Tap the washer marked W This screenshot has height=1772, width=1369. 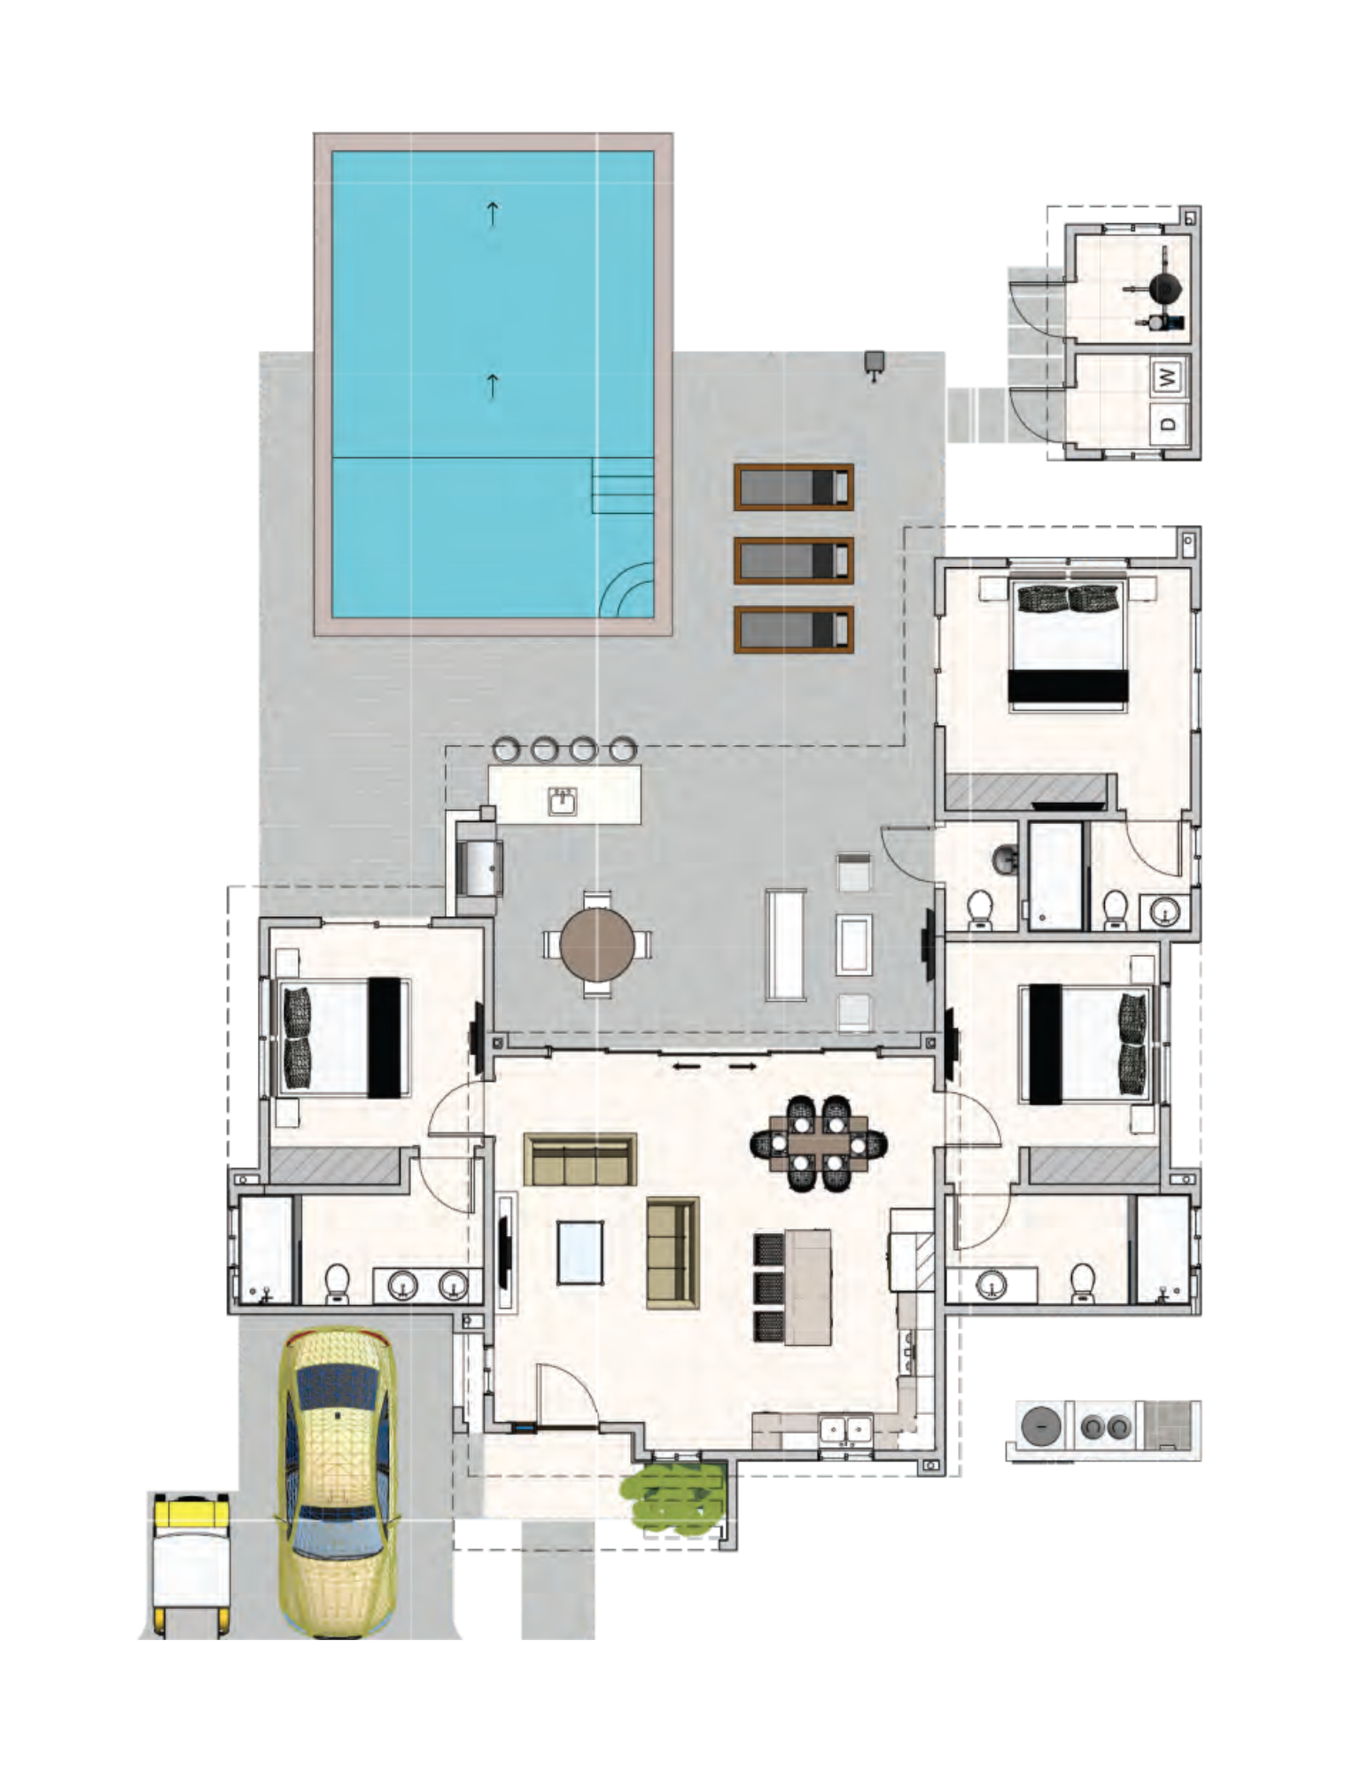coord(1169,377)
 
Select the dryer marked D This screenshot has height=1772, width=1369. coord(1169,424)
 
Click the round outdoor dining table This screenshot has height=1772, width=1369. coord(597,944)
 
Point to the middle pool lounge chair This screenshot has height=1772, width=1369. coord(794,560)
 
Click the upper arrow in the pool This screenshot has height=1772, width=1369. coord(492,213)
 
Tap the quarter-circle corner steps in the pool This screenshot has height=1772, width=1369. coord(626,590)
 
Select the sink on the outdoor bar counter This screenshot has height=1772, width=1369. coord(562,801)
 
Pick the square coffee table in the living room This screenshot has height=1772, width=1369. coord(579,1252)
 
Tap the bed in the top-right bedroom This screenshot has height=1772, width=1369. coord(1068,645)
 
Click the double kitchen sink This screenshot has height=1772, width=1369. coord(845,1429)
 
